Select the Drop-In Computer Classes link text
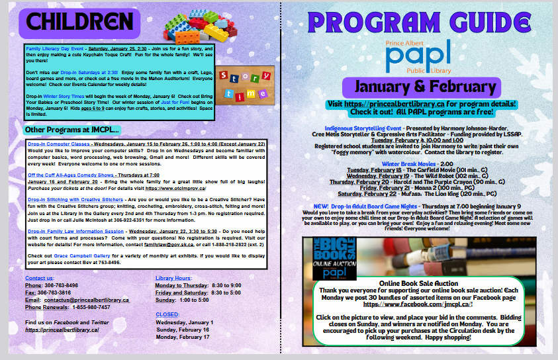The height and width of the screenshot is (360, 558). (x=59, y=144)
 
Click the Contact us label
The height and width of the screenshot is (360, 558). (x=40, y=278)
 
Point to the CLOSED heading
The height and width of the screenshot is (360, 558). (x=167, y=314)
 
